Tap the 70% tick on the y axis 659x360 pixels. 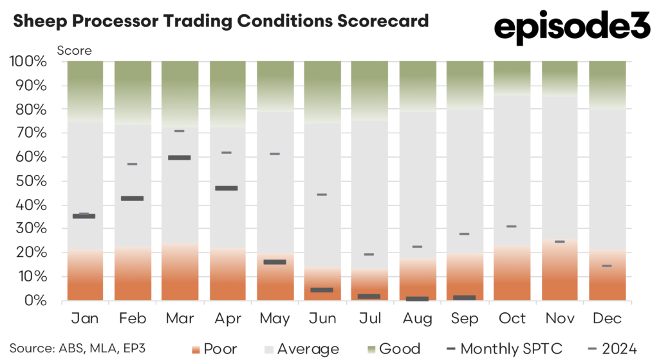pos(28,133)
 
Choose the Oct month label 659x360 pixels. pos(512,319)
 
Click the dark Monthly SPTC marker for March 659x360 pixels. pos(179,157)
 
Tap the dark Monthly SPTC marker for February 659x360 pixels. pos(132,198)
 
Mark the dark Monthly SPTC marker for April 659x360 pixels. pos(227,188)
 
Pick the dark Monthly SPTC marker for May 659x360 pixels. pos(274,262)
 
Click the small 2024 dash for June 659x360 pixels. pos(322,194)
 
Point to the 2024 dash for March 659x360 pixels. pos(179,131)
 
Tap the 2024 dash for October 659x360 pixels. pos(512,227)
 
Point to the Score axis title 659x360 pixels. pos(75,50)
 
